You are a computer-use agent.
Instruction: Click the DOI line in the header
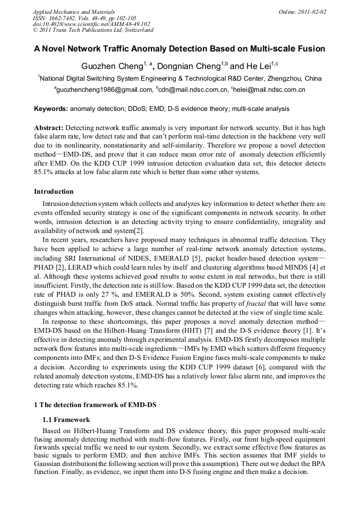[91, 24]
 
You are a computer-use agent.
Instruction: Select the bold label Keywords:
[51, 109]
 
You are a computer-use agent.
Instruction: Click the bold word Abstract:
[49, 128]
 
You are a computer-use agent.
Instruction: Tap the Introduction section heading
[54, 191]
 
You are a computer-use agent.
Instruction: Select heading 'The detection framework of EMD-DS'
[99, 405]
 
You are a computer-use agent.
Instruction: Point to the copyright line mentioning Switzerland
[93, 30]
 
